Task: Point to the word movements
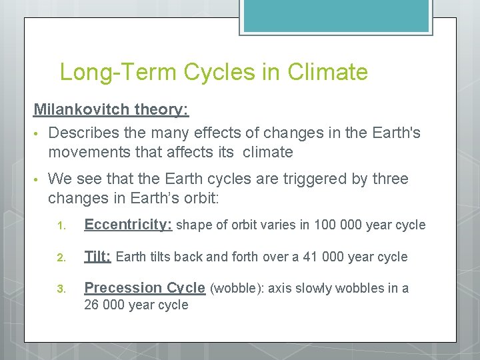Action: [91, 153]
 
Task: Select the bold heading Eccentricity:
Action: [128, 225]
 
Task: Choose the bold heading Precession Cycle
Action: [144, 288]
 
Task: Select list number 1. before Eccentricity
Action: [60, 226]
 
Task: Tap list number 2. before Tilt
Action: [60, 258]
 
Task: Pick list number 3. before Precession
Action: [60, 289]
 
